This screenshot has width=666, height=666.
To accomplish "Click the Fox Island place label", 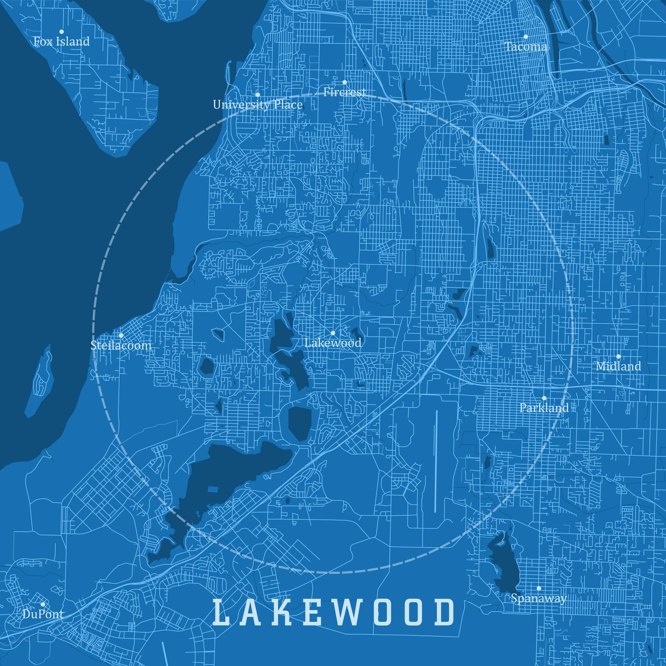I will coord(62,42).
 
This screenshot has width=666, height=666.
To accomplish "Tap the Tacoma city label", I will coord(526,47).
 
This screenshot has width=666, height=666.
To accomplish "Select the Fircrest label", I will coord(345,92).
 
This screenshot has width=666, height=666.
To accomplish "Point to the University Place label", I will coord(258,105).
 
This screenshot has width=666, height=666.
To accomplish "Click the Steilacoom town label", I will coord(121,345).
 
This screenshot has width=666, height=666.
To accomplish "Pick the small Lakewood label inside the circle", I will coord(333,343).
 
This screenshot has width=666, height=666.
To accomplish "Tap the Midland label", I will coord(618,366).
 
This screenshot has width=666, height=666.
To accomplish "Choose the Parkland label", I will coord(544,408).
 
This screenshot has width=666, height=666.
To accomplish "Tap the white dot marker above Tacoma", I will coord(526,37).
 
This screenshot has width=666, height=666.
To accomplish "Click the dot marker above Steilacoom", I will coord(121,335).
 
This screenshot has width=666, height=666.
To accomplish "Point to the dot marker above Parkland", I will coord(544,398).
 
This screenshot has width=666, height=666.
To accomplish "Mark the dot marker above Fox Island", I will coord(62,32).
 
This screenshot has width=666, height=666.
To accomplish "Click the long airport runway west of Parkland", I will coord(436,461).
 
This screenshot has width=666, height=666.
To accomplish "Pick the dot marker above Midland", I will coord(618,356).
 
